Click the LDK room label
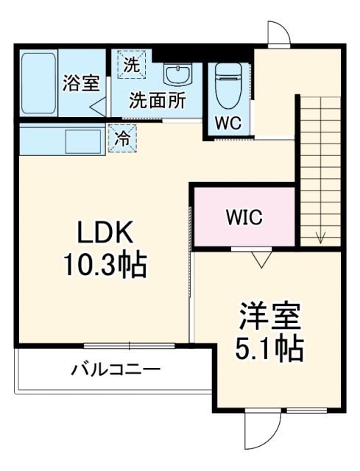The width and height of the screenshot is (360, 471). (x=105, y=234)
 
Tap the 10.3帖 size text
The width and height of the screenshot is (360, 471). (x=106, y=263)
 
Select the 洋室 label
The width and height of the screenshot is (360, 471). (x=269, y=319)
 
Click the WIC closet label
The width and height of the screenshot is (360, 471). (x=244, y=217)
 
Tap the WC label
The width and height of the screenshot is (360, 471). (x=227, y=123)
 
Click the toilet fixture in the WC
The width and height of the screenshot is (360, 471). (x=227, y=87)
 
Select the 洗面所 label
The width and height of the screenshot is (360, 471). (x=158, y=100)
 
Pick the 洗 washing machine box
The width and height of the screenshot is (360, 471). (x=130, y=65)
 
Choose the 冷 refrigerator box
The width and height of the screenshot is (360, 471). (x=121, y=138)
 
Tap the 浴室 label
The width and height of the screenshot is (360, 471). (x=80, y=83)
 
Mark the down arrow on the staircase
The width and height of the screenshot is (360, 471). (x=321, y=236)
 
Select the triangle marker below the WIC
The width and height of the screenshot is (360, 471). (x=259, y=258)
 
